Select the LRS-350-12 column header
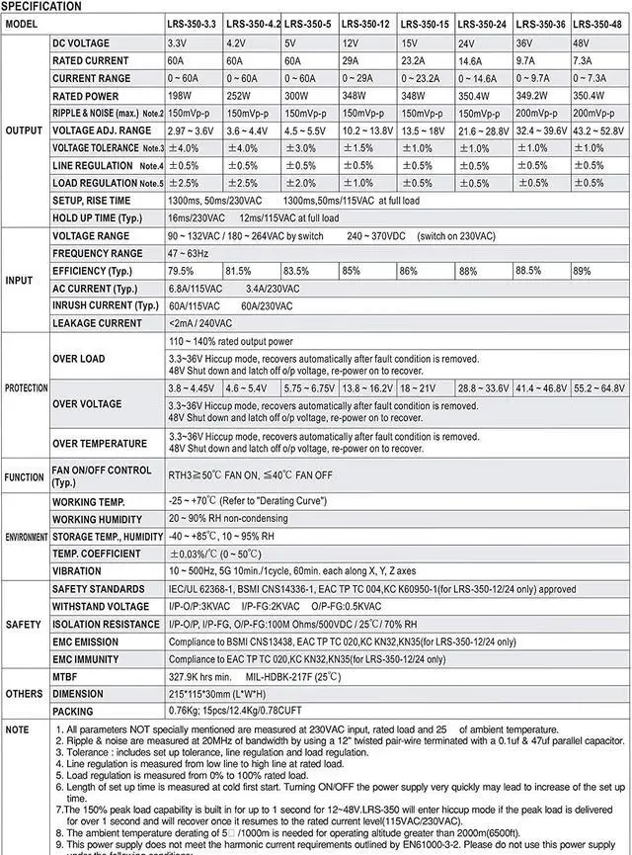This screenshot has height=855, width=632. (x=366, y=23)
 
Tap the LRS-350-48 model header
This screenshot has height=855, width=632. (x=596, y=23)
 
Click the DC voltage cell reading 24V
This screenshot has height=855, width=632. (x=468, y=44)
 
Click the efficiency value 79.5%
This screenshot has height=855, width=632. (x=181, y=271)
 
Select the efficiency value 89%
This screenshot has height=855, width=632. (x=583, y=271)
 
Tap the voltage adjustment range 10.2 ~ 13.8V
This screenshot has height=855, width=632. (x=366, y=130)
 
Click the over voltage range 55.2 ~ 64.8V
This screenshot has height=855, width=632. (x=598, y=388)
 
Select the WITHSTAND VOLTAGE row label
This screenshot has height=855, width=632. (x=101, y=607)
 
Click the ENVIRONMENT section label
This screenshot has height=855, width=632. (x=25, y=537)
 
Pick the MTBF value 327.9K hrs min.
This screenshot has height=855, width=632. (x=199, y=677)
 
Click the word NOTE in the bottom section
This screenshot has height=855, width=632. (x=17, y=729)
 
